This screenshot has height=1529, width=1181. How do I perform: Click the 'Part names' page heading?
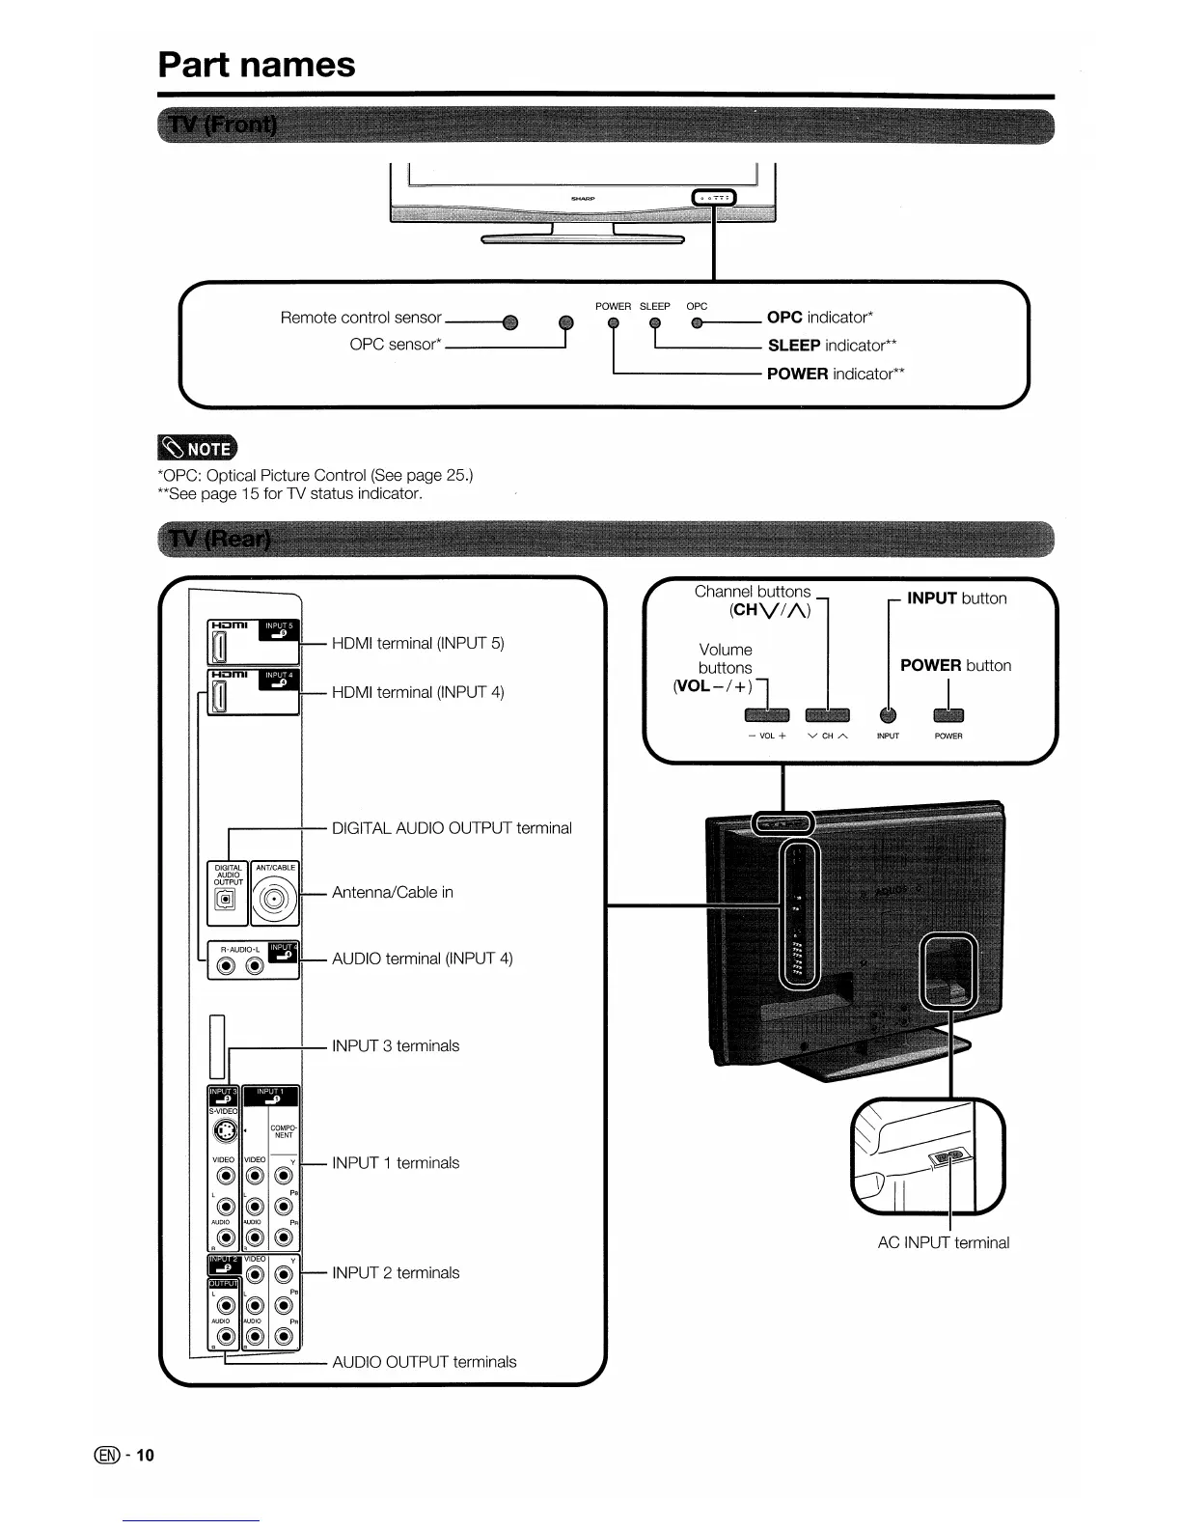pos(257,65)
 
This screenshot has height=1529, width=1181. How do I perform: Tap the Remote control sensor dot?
pos(510,322)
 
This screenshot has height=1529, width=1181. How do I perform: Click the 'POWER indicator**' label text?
pos(836,374)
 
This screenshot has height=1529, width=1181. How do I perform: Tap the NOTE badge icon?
pos(196,448)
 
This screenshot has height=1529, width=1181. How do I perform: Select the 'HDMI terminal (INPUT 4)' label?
pos(418,692)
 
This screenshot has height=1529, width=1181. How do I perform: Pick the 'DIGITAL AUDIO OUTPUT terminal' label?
pos(452,828)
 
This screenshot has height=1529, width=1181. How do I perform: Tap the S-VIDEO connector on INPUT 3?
pos(224,1130)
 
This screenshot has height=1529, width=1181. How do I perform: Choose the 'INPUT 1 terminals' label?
pos(396,1163)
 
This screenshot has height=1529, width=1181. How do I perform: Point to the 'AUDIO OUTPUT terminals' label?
pos(424,1362)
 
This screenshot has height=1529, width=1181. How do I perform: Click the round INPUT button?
pos(889,715)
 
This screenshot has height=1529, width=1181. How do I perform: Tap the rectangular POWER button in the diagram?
pos(948,715)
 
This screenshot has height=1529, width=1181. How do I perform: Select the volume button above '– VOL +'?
pos(767,715)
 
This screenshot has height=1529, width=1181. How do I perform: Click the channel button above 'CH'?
pos(827,715)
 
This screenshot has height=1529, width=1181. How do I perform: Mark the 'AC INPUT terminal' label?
pos(943,1243)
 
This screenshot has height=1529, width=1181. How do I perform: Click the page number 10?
pos(145,1456)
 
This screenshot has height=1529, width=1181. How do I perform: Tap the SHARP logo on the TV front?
pos(583,198)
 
